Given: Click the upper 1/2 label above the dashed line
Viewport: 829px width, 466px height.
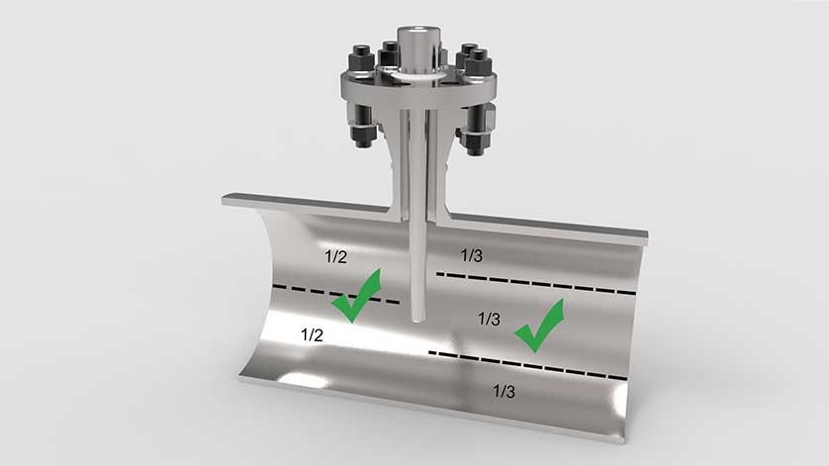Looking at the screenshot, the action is point(335,257).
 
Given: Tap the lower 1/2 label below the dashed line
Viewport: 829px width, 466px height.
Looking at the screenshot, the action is point(312,334).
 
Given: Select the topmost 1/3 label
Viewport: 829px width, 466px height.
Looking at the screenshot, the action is point(472,255).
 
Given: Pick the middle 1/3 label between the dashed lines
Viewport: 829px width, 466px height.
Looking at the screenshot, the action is point(489,319).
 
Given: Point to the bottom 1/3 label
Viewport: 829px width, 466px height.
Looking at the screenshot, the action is point(504,391).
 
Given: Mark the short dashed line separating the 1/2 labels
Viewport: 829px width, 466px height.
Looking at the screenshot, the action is point(336,294).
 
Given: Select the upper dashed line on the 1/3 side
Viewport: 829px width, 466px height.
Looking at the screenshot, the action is point(535,283).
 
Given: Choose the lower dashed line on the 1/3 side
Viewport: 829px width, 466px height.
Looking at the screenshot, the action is point(527,365).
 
